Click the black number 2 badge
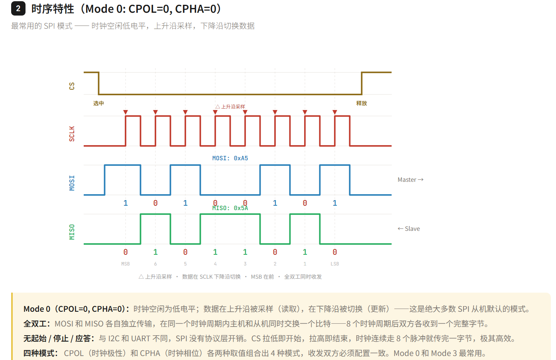(18, 8)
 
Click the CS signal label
(72, 86)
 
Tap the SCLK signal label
(72, 134)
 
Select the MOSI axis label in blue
(72, 183)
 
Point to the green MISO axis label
(72, 232)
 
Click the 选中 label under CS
(98, 103)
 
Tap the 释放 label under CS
(361, 103)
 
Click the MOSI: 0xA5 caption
(230, 158)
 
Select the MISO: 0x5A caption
(230, 208)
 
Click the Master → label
(410, 180)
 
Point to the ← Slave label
(409, 229)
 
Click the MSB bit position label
(126, 264)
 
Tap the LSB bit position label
(335, 264)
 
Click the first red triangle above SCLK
(126, 112)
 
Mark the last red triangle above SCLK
(335, 112)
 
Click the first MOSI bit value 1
(126, 203)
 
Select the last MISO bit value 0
(335, 252)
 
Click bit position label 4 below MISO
(215, 264)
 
